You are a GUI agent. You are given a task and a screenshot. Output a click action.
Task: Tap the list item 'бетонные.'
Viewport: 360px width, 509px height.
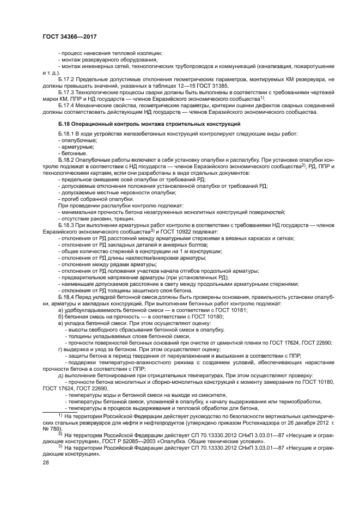[x=72, y=154]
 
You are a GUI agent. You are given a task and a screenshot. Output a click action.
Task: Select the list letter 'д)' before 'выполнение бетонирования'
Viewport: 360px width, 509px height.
[x=60, y=376]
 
